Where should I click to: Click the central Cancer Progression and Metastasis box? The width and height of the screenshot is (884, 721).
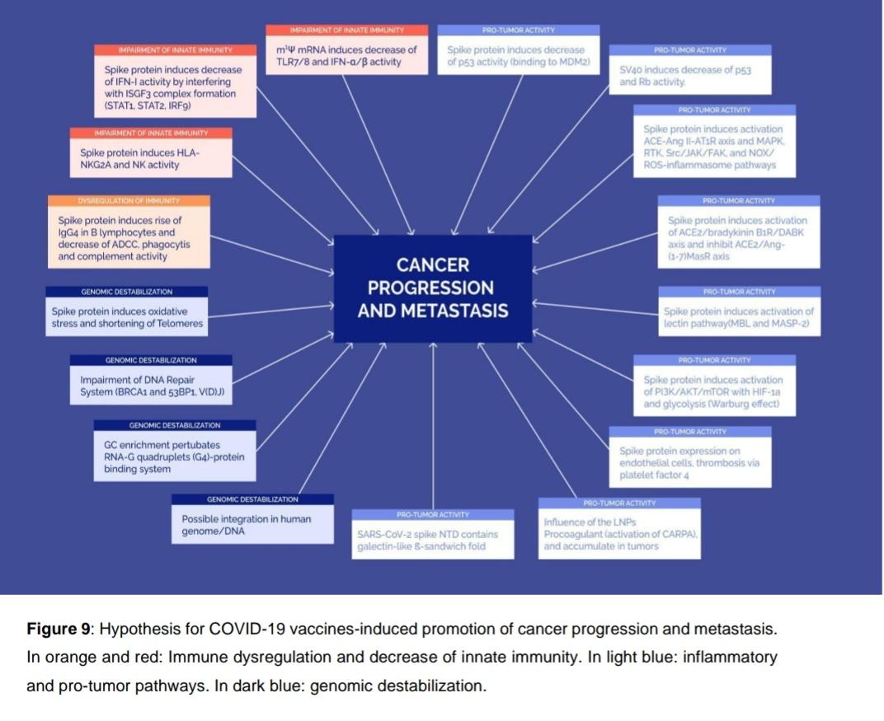click(x=433, y=288)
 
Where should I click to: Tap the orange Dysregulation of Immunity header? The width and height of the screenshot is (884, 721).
click(x=129, y=200)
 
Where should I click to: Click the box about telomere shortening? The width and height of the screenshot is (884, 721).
click(x=127, y=311)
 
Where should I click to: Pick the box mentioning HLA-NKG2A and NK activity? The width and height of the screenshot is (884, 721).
click(x=151, y=152)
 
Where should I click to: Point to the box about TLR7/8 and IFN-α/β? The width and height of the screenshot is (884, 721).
click(x=346, y=49)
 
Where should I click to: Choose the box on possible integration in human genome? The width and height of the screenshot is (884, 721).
click(x=252, y=519)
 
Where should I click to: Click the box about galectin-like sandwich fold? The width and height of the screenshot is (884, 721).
click(x=433, y=534)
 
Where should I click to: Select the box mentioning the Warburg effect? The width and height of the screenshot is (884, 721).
click(x=714, y=386)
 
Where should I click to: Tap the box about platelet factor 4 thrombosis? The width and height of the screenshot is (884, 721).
click(x=690, y=456)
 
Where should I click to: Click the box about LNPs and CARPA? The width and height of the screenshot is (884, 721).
click(x=619, y=528)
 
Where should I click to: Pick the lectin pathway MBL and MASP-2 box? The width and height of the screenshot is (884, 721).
click(x=740, y=311)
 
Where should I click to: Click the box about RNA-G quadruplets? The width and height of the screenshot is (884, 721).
click(x=175, y=451)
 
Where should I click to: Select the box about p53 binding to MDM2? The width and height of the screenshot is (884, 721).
click(x=519, y=49)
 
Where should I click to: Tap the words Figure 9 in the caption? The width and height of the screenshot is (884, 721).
click(x=58, y=629)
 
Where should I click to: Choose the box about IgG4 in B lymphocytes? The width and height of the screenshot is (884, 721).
click(x=129, y=232)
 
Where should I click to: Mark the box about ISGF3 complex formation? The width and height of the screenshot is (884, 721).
click(x=176, y=81)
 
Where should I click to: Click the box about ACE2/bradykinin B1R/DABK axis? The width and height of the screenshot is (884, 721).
click(x=739, y=232)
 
